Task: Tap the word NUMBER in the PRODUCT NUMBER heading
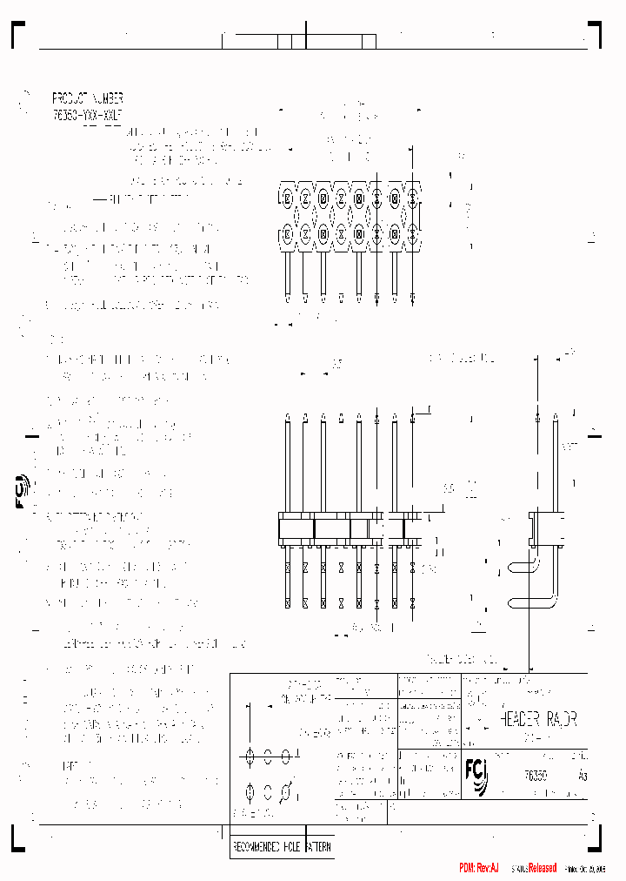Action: pos(108,98)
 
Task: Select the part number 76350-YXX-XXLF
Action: pos(87,113)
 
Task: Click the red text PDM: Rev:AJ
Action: pos(479,868)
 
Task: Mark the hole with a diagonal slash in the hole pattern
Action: pos(286,792)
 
